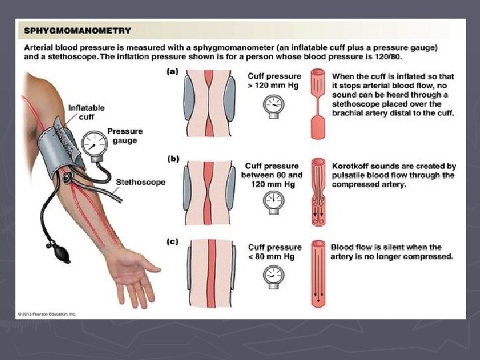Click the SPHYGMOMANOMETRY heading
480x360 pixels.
[x=77, y=31]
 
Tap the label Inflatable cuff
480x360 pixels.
[x=86, y=113]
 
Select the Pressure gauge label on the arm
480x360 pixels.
[x=125, y=136]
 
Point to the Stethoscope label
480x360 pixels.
[x=141, y=182]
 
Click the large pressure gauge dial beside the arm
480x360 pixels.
[x=94, y=143]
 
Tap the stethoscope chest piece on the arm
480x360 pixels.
[x=67, y=177]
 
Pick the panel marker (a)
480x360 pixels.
[x=173, y=71]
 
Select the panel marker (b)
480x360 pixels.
[x=173, y=159]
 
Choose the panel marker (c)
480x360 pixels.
[x=173, y=242]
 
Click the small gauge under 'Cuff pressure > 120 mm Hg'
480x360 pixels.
[x=273, y=106]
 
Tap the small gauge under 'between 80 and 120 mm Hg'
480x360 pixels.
[x=273, y=203]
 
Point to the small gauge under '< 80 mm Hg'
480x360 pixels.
[x=273, y=277]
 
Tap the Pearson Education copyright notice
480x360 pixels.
[x=47, y=314]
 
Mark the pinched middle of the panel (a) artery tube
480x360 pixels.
[x=317, y=105]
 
